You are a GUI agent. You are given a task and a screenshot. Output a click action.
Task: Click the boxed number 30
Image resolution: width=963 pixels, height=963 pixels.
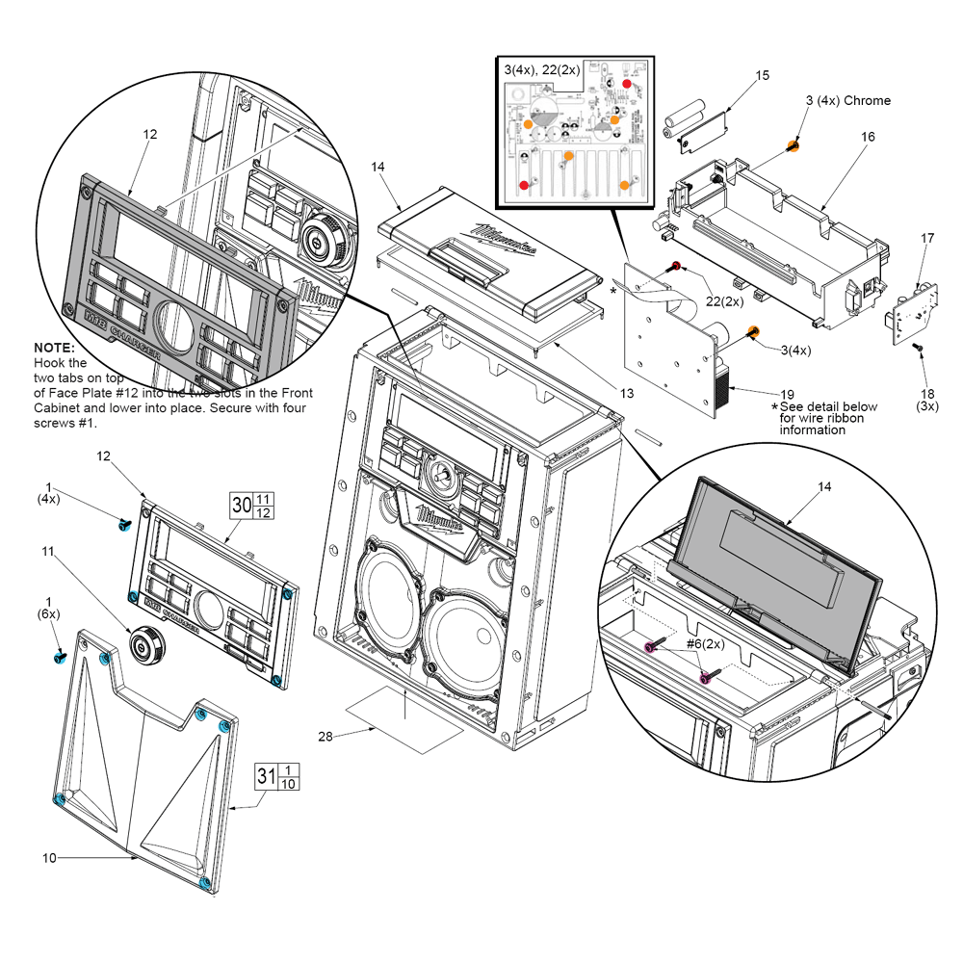(x=241, y=504)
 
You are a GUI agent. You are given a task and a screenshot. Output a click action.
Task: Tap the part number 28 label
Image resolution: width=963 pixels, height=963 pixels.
(x=325, y=737)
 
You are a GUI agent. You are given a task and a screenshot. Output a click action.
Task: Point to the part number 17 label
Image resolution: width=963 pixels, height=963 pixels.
(x=927, y=238)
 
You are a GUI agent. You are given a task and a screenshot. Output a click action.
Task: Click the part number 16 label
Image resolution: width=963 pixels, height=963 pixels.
(x=868, y=137)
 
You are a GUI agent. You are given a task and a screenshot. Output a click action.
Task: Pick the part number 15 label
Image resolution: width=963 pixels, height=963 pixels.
(x=762, y=75)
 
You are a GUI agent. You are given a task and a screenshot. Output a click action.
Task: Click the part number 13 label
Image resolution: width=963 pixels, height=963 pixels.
(x=627, y=393)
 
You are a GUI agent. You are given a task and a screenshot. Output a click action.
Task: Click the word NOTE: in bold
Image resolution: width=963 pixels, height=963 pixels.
(x=54, y=347)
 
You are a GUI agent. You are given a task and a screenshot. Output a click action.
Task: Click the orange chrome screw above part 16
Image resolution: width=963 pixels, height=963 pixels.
(x=793, y=145)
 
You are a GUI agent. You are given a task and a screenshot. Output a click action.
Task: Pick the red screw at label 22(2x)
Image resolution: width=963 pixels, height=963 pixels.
(x=677, y=266)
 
